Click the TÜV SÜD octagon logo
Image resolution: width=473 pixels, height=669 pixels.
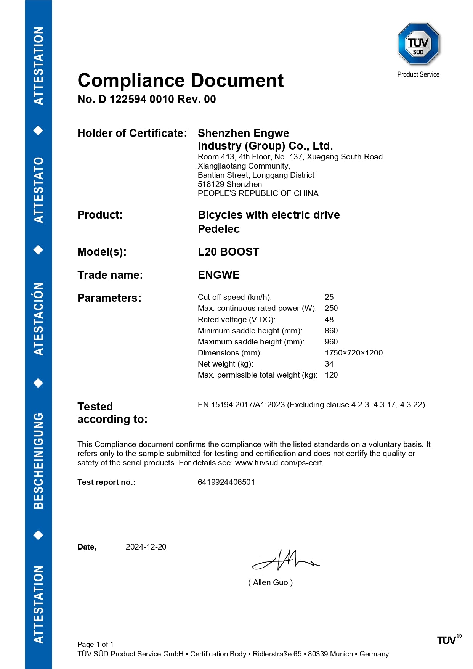418,44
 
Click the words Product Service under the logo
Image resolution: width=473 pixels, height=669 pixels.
418,74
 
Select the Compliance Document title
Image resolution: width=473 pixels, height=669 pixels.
180,80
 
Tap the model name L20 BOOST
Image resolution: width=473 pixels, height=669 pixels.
228,252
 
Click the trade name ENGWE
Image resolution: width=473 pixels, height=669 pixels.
218,275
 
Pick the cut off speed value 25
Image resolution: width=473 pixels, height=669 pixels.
329,297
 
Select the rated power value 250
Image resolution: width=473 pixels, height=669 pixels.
331,308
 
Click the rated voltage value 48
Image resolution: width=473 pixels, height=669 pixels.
329,320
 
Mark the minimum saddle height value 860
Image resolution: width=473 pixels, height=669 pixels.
331,331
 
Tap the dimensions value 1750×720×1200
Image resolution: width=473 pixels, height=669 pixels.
353,353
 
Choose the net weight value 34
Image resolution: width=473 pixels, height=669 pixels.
329,364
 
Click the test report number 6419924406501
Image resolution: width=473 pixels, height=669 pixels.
226,482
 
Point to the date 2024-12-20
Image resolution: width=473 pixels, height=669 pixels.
146,547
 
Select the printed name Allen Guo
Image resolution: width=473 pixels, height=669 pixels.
270,582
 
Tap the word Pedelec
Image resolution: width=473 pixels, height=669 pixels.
218,229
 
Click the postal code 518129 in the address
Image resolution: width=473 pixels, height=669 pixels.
211,184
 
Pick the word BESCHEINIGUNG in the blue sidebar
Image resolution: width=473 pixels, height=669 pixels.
38,461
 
